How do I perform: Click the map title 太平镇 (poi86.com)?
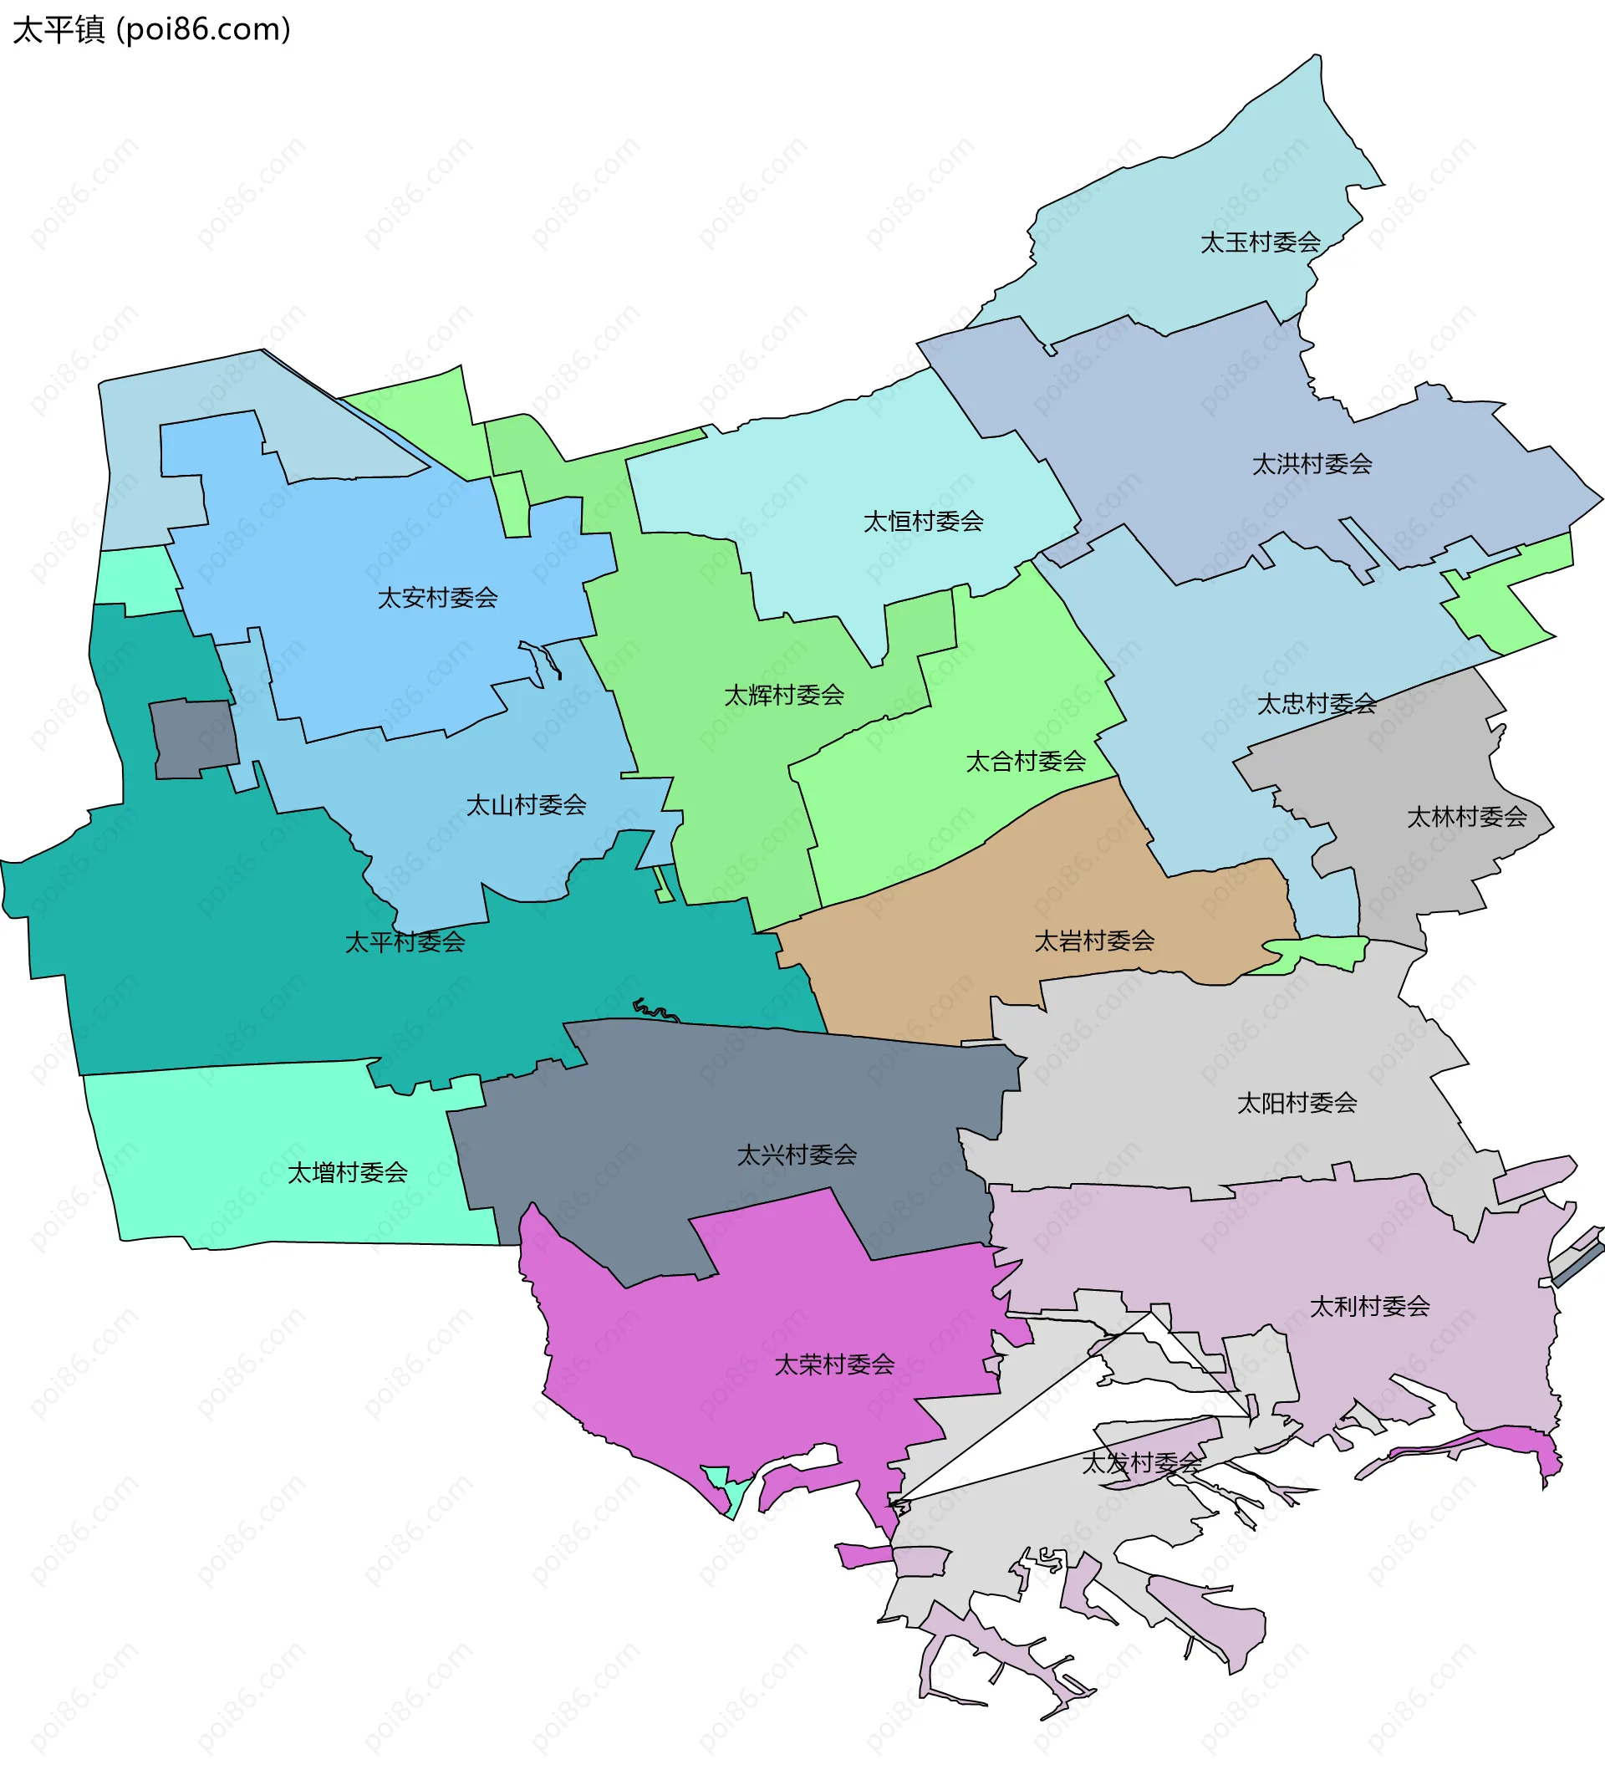point(151,30)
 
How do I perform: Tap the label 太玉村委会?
point(1260,242)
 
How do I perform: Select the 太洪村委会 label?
point(1312,464)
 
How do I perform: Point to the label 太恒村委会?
point(924,521)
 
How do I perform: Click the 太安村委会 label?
point(437,598)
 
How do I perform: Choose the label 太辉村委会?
point(783,696)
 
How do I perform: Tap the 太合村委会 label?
point(1026,761)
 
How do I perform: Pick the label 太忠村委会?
point(1317,703)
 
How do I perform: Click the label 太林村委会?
point(1467,817)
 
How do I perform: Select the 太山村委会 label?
point(526,805)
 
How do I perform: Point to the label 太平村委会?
point(405,942)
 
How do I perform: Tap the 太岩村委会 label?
point(1094,941)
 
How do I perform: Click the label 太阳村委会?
point(1297,1102)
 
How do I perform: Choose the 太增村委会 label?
point(348,1173)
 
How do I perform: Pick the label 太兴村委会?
point(797,1155)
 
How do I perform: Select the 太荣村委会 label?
point(833,1364)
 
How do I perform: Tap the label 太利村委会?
point(1370,1306)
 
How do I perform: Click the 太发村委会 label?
point(1141,1462)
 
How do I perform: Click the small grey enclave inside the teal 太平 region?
point(194,737)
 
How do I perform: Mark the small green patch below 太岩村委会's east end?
point(1317,952)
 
